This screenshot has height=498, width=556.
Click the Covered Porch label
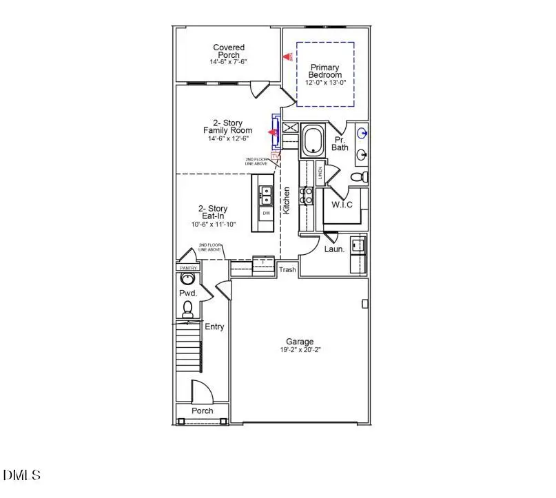click(x=228, y=51)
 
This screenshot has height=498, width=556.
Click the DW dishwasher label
click(x=265, y=214)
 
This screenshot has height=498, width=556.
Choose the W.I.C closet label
click(x=342, y=205)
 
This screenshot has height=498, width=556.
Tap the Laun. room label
click(x=334, y=249)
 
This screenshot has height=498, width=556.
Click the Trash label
click(x=287, y=269)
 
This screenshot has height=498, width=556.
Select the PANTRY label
click(x=188, y=268)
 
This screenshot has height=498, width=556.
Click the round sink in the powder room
click(x=187, y=279)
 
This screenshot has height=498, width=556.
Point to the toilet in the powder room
click(x=187, y=309)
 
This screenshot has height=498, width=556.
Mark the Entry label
click(x=214, y=326)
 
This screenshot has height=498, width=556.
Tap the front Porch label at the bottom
click(x=202, y=411)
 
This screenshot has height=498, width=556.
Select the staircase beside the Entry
click(x=187, y=355)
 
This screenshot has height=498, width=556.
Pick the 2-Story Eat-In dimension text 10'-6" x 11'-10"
click(x=213, y=225)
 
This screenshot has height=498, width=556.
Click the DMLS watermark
click(x=22, y=475)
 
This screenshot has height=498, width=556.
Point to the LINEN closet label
click(x=320, y=172)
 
